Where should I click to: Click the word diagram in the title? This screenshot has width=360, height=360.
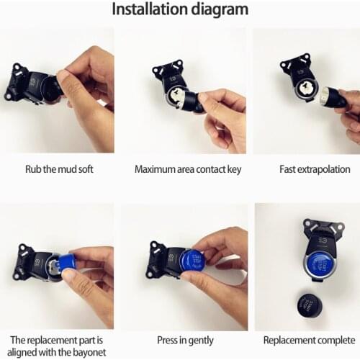tap(220, 9)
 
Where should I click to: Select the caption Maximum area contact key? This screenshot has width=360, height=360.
tap(180, 170)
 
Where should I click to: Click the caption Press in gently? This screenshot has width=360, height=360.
tap(180, 340)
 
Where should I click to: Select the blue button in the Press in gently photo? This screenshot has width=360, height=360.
tap(192, 260)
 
